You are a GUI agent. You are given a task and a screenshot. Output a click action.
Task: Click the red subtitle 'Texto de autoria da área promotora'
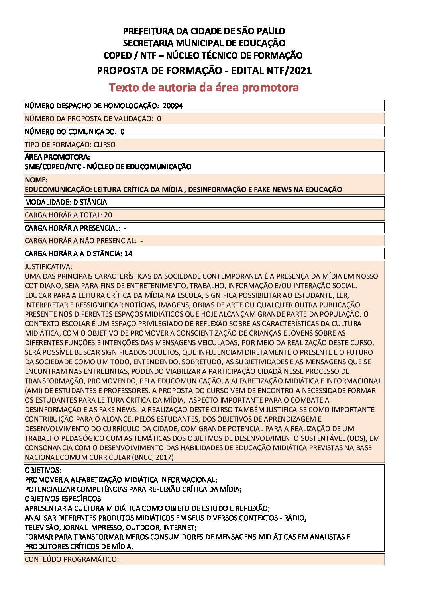pyautogui.click(x=204, y=87)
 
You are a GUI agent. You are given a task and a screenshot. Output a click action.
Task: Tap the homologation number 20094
pyautogui.click(x=173, y=106)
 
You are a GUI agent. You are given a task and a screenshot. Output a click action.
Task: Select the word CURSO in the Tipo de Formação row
pyautogui.click(x=104, y=145)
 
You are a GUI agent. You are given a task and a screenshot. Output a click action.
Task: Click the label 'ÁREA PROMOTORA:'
pyautogui.click(x=57, y=157)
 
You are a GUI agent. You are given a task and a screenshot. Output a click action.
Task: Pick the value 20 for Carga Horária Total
pyautogui.click(x=108, y=215)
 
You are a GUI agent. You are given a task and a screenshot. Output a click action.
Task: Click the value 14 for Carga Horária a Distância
pyautogui.click(x=128, y=254)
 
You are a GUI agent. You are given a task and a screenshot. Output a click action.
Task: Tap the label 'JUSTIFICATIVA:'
pyautogui.click(x=48, y=267)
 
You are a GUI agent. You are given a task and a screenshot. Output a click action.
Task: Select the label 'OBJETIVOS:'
pyautogui.click(x=43, y=470)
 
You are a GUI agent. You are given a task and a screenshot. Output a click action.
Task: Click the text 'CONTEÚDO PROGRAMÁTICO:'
pyautogui.click(x=72, y=559)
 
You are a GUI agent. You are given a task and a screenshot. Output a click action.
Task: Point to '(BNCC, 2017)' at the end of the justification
pyautogui.click(x=153, y=457)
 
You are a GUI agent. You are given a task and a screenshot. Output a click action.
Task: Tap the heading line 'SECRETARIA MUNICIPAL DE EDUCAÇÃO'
pyautogui.click(x=204, y=43)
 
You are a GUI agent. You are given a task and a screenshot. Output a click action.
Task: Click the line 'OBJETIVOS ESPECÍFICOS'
pyautogui.click(x=63, y=499)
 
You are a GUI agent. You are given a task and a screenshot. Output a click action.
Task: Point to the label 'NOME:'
pyautogui.click(x=36, y=180)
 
